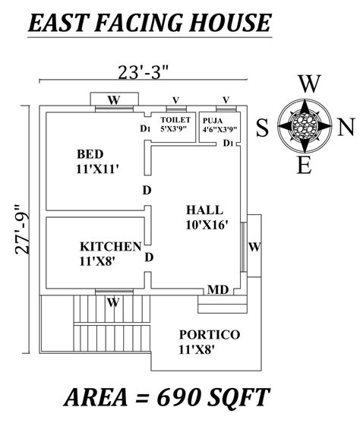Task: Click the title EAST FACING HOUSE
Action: point(148,23)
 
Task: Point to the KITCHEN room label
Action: point(111,246)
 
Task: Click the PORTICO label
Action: point(210,334)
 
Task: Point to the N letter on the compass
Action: point(346,127)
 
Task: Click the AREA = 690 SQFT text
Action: point(167,396)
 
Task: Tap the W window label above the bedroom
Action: point(113,99)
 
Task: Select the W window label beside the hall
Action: point(254,247)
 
